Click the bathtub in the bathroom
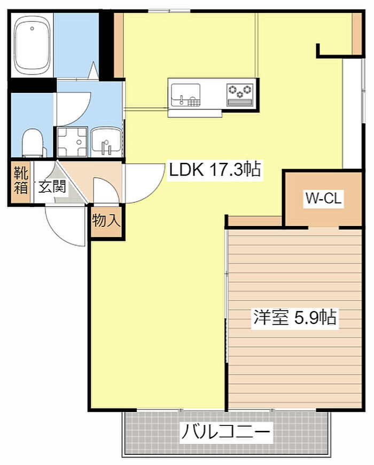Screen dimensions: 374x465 32,45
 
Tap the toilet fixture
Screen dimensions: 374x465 33,143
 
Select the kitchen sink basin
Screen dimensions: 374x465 185,95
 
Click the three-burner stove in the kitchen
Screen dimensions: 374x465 240,95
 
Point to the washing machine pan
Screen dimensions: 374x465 72,142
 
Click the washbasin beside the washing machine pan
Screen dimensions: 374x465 106,143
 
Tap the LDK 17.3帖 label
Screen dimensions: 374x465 215,170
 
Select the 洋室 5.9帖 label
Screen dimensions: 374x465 295,317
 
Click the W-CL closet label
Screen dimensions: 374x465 324,198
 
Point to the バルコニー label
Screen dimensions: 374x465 226,432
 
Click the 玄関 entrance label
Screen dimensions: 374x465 52,187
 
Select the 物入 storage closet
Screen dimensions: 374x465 106,221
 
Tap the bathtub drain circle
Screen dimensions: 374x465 32,28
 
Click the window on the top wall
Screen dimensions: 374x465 169,11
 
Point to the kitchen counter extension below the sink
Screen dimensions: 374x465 195,113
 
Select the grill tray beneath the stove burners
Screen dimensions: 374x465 240,103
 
